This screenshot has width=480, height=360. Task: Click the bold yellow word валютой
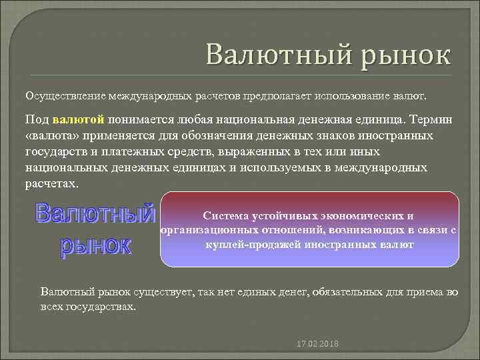point(83,119)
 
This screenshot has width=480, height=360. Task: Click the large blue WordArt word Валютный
point(95,213)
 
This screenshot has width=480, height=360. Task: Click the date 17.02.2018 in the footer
point(317,343)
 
